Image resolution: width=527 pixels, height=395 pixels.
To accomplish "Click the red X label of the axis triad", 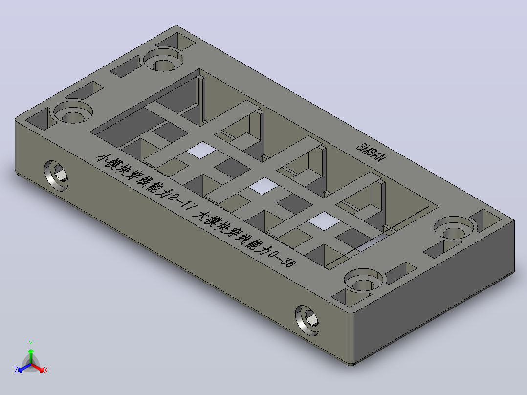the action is click(x=46, y=370).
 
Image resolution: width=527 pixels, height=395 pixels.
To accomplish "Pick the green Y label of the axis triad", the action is click(x=31, y=344).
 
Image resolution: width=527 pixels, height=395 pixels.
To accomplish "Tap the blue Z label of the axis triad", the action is click(x=16, y=370).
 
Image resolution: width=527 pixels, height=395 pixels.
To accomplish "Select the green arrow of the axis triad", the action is click(x=31, y=356).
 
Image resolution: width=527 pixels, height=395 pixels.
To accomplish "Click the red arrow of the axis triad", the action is click(x=38, y=367).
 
